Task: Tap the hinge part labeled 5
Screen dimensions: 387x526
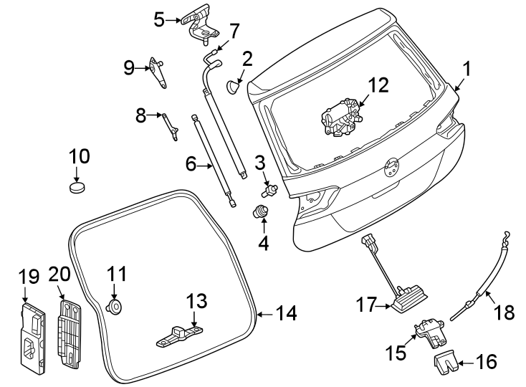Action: pos(200,22)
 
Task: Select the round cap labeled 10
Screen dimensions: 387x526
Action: pos(77,188)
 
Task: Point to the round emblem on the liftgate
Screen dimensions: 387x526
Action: pos(391,167)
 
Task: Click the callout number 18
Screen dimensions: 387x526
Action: pos(505,312)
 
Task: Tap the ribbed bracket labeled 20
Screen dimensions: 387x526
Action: pos(70,333)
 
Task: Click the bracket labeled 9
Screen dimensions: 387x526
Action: pos(158,73)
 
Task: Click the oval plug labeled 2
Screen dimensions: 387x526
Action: pos(235,87)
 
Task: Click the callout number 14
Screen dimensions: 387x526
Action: pos(285,313)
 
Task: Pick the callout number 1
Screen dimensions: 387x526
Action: pos(467,70)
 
